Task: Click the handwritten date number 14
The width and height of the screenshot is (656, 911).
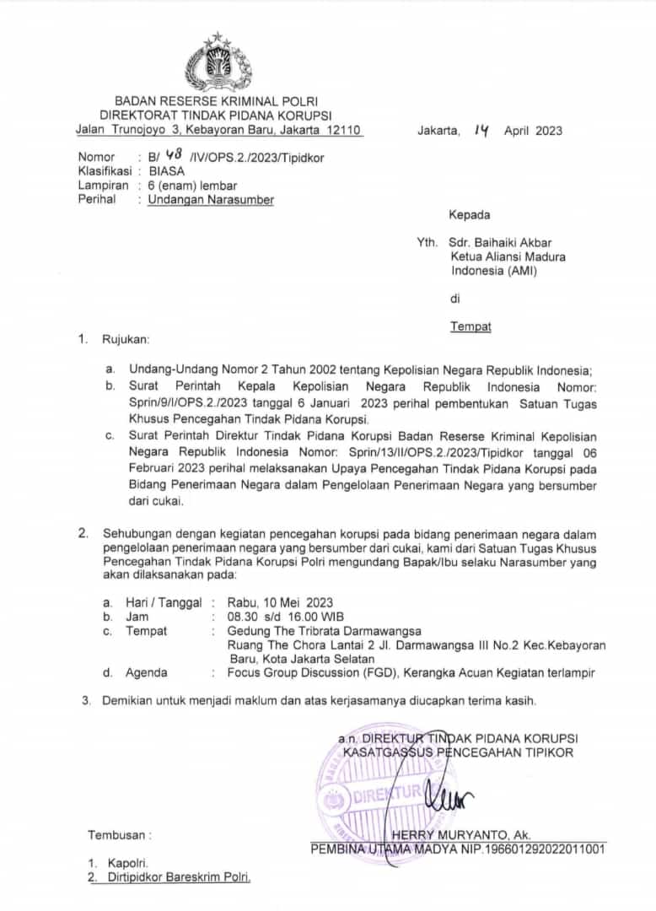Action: coord(481,130)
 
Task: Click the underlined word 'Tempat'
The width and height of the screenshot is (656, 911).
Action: coord(470,326)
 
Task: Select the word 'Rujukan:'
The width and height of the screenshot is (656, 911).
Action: coord(125,340)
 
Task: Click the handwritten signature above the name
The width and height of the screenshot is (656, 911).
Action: coord(449,793)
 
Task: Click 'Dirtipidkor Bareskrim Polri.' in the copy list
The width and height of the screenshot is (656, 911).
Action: coord(179,877)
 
